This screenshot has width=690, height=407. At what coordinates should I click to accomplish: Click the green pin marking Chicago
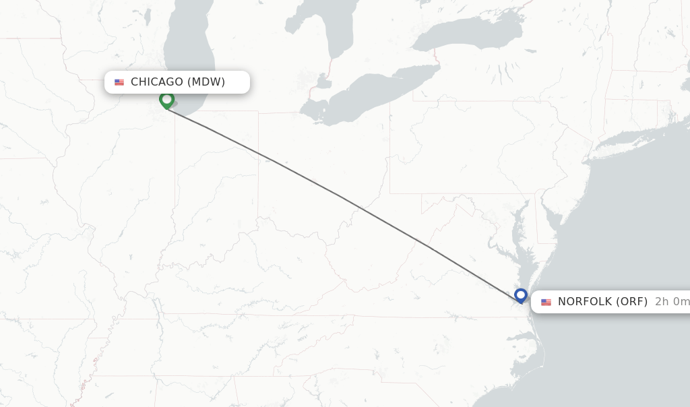(x=166, y=100)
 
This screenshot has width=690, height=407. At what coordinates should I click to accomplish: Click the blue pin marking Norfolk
(x=520, y=295)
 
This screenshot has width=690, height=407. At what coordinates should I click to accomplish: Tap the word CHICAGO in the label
(x=156, y=82)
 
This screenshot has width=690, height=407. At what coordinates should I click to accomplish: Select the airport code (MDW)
(x=206, y=82)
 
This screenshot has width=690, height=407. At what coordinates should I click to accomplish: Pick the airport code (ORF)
(x=632, y=302)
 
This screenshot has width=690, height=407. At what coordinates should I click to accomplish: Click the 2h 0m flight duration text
(x=672, y=302)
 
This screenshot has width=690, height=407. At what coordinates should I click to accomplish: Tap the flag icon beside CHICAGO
(x=119, y=82)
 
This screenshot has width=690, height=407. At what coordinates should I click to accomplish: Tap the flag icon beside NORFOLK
(x=546, y=302)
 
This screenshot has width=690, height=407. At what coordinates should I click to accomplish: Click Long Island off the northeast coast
(x=633, y=138)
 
